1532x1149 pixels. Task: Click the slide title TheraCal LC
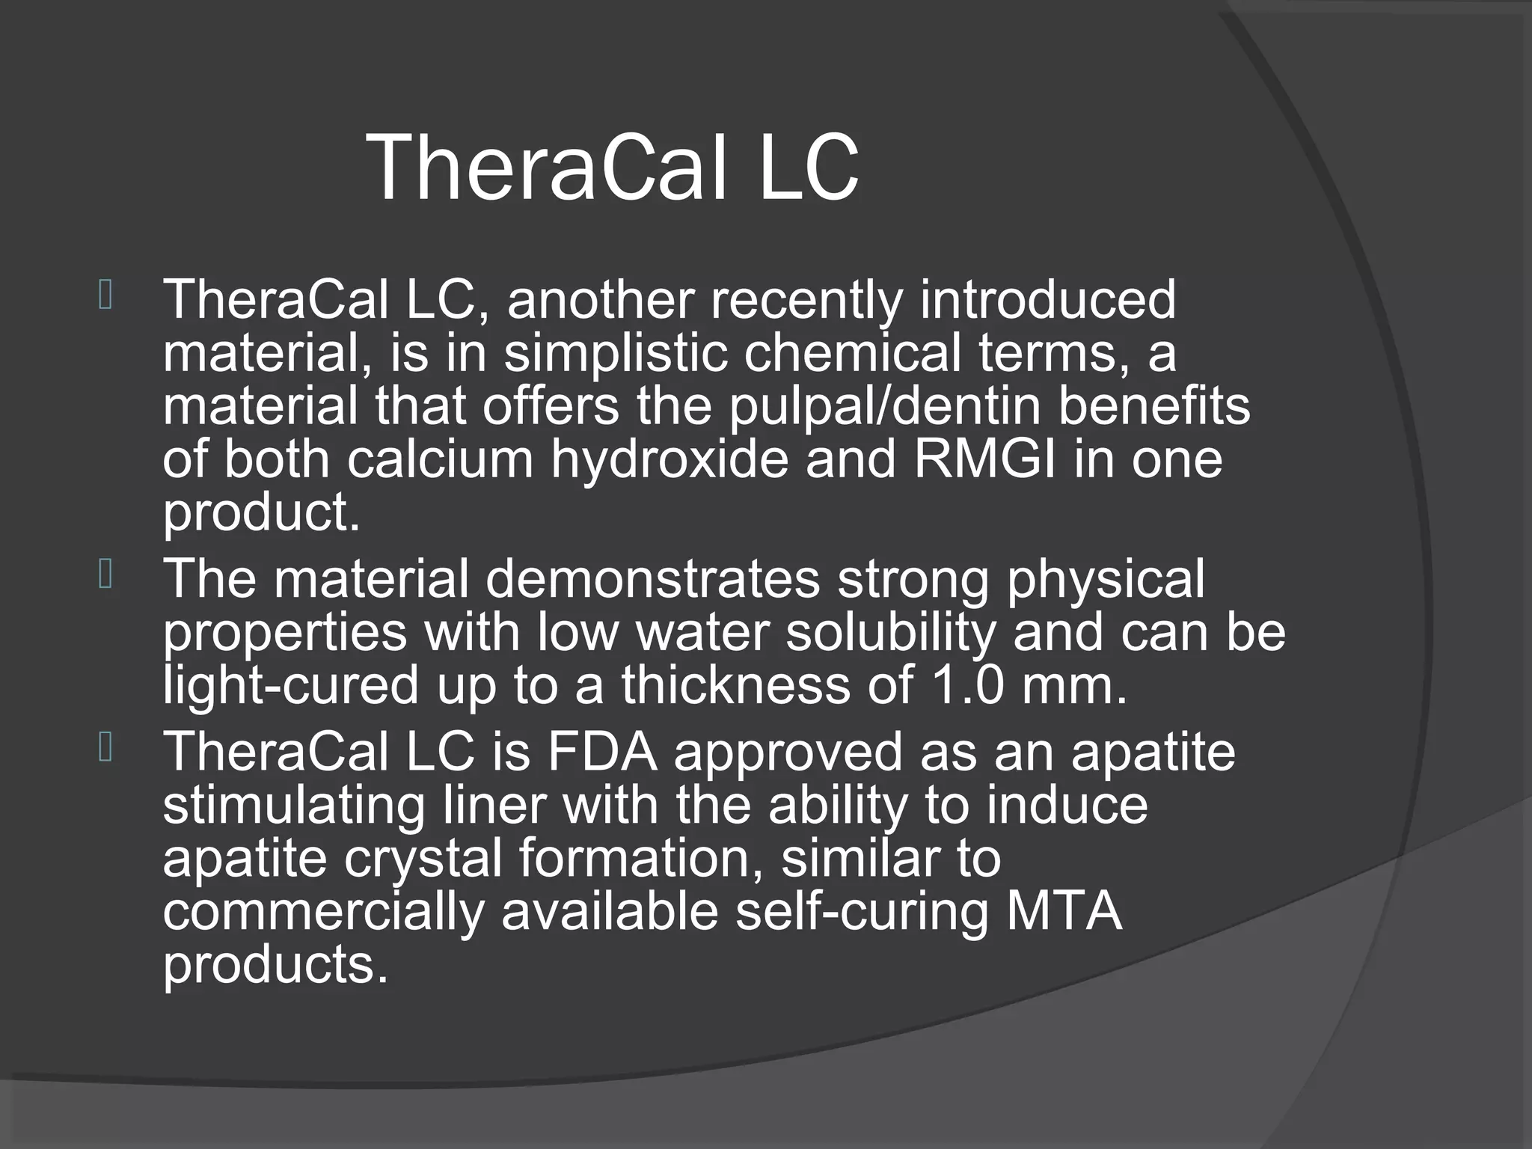(x=613, y=168)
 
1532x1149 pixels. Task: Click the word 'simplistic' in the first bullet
(x=615, y=353)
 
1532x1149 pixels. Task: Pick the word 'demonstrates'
(x=652, y=579)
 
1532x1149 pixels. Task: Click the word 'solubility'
(x=891, y=632)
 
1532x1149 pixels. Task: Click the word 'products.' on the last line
(x=275, y=966)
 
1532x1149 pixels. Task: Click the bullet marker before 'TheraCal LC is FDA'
(x=105, y=748)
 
